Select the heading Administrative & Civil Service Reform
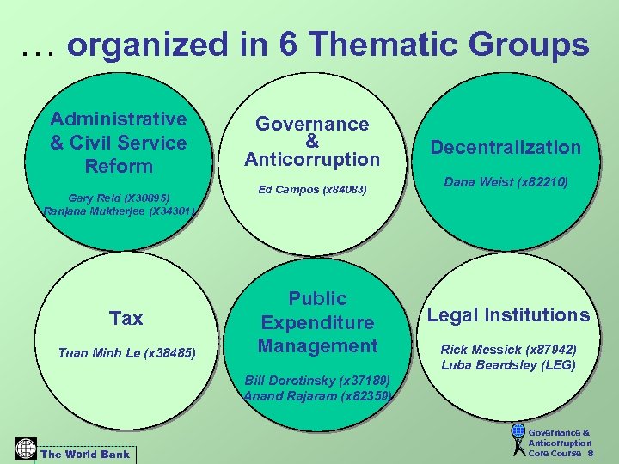[x=119, y=143]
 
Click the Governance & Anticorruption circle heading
[x=312, y=142]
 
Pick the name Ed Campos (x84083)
[x=312, y=189]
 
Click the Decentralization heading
[x=506, y=147]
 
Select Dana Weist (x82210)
[x=506, y=182]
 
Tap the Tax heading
[x=126, y=319]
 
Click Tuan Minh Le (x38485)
[x=126, y=352]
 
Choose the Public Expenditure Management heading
[x=318, y=322]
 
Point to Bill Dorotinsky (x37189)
[x=317, y=380]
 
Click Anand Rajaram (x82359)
[x=317, y=396]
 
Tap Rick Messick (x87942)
[x=508, y=349]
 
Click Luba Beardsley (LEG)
[x=508, y=365]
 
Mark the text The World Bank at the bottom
[x=86, y=454]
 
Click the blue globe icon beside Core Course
[x=518, y=430]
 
